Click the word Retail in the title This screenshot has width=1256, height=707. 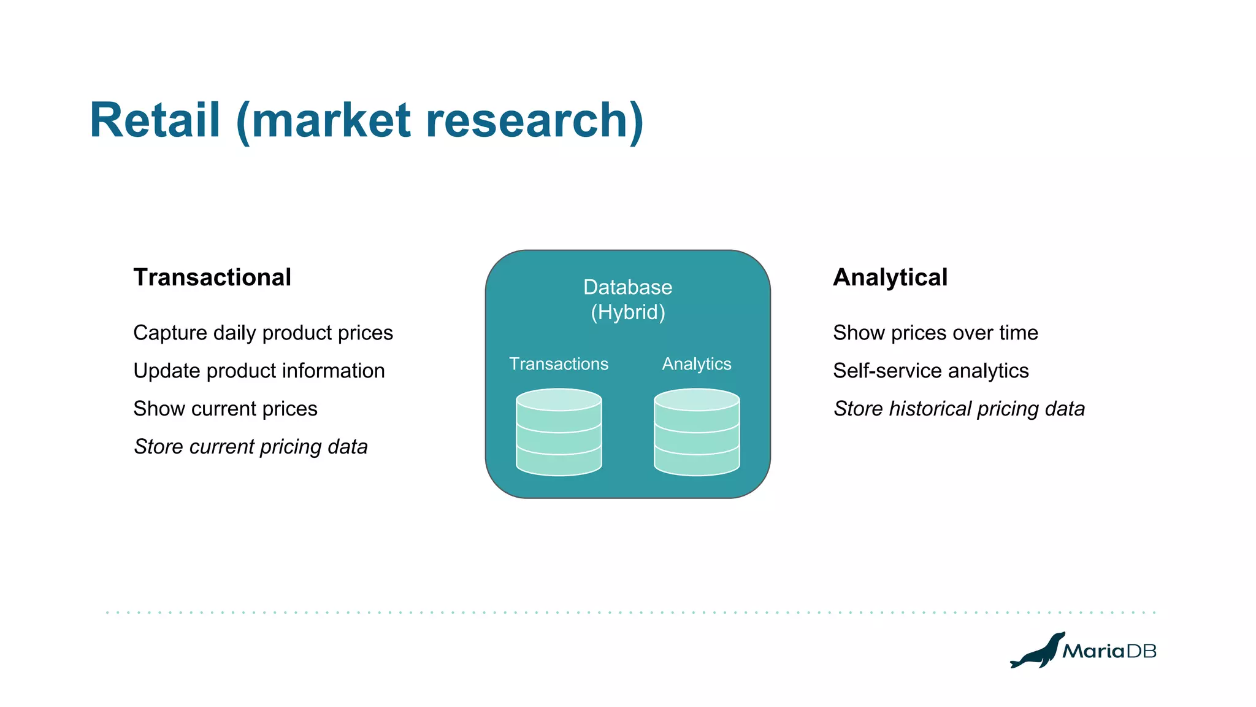155,120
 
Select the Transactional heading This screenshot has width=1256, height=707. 212,277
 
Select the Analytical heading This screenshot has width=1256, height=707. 890,277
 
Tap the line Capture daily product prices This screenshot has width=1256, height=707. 263,333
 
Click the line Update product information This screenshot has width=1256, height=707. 259,371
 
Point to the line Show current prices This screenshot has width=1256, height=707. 225,409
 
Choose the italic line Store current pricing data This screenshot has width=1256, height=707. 251,447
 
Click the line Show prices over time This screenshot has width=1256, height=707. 935,333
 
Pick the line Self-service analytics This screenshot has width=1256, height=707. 930,371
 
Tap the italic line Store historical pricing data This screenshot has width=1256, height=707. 959,409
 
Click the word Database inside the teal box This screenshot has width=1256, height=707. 627,287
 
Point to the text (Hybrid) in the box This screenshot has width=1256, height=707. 628,312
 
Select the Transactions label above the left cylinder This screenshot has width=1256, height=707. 559,364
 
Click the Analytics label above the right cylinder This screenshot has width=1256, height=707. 697,364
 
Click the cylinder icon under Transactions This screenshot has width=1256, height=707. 559,432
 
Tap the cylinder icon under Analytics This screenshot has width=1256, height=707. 697,432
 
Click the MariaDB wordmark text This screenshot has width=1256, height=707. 1109,651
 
